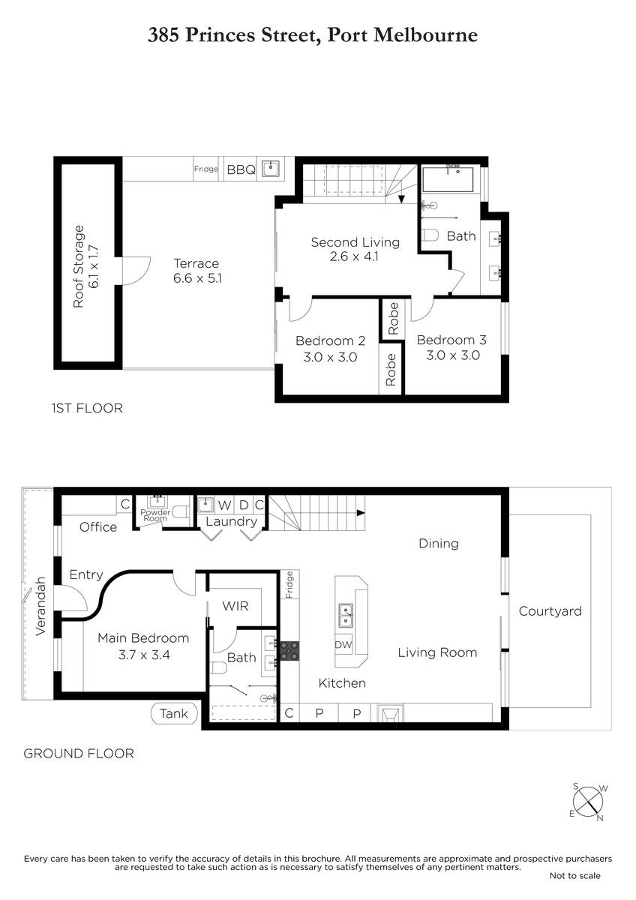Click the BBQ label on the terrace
point(241,170)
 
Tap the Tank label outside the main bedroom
point(173,713)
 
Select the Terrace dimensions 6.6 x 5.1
point(197,278)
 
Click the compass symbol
point(588,802)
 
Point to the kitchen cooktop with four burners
point(289,651)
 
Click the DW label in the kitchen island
point(343,645)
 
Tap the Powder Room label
point(155,515)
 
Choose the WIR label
point(235,606)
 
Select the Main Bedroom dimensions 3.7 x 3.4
point(144,655)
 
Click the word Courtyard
point(550,611)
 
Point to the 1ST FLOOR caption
point(87,408)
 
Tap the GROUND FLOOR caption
point(79,753)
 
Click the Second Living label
point(355,242)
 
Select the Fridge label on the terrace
point(205,169)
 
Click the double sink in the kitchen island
point(346,615)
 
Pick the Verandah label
point(40,607)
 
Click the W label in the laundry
point(224,505)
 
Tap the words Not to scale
point(575,875)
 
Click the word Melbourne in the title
point(426,35)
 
